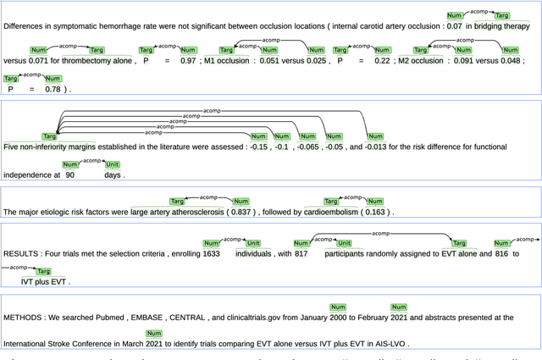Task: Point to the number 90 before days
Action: pos(70,174)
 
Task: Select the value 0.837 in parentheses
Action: pos(241,212)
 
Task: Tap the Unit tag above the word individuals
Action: pos(252,242)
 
